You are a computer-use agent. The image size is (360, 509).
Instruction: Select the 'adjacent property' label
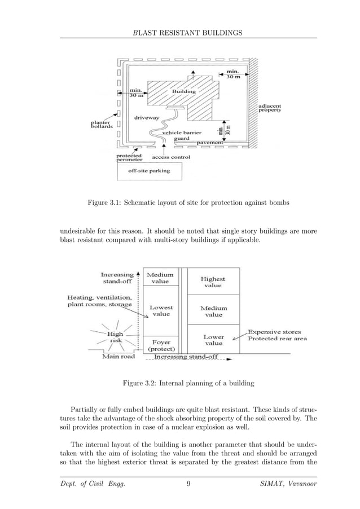[x=269, y=108]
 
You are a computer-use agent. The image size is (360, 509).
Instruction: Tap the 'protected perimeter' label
[x=129, y=157]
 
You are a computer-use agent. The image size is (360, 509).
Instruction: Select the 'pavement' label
[x=209, y=143]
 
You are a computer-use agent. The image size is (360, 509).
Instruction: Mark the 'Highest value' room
[x=213, y=282]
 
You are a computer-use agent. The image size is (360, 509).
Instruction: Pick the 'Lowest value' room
[x=161, y=311]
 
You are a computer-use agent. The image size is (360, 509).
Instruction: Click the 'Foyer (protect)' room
[x=161, y=345]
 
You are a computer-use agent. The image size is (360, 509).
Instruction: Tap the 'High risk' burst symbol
[x=115, y=337]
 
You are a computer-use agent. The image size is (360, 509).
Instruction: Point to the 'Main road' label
[x=118, y=357]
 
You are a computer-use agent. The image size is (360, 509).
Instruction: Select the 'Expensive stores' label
[x=274, y=332]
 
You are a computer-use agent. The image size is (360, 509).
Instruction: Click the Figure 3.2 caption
[x=188, y=384]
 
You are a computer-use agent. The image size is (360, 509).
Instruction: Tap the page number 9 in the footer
[x=188, y=484]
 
